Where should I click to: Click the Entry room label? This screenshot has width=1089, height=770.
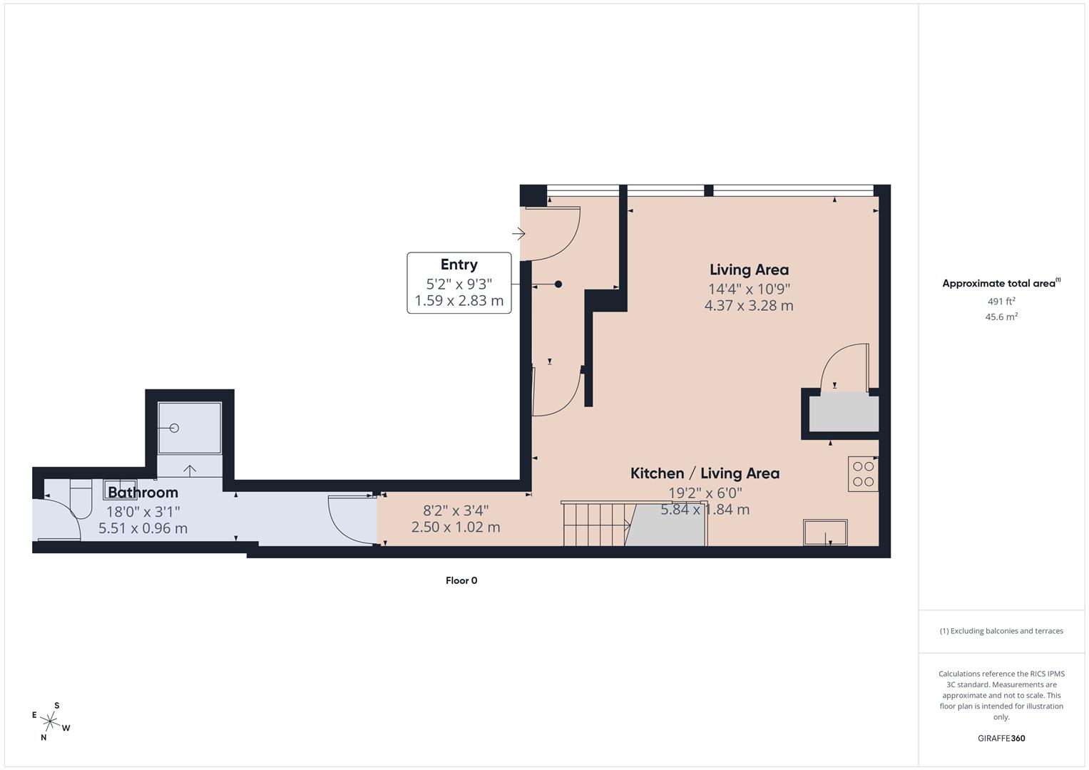click(x=459, y=265)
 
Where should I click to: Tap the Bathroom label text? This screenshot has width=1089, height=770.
click(x=143, y=492)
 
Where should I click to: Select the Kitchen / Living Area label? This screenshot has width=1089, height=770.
click(x=705, y=473)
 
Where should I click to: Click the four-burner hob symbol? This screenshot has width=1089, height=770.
click(x=863, y=475)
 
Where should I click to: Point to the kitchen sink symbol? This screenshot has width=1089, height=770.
click(x=825, y=532)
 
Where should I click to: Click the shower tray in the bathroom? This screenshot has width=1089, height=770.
click(x=189, y=428)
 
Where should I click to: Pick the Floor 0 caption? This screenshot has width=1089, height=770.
click(x=461, y=580)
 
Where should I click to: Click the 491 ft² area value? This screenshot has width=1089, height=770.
click(x=1001, y=302)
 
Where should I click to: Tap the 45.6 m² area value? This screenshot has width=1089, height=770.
click(x=1001, y=317)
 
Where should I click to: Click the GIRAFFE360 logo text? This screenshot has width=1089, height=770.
click(x=1001, y=739)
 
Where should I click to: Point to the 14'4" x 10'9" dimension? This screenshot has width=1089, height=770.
click(x=749, y=289)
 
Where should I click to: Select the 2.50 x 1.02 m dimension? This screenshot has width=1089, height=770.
click(x=455, y=528)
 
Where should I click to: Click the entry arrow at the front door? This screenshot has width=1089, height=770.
click(x=518, y=233)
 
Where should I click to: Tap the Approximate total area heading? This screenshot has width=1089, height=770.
click(x=1001, y=284)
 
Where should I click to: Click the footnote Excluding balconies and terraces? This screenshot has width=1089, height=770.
click(x=1001, y=631)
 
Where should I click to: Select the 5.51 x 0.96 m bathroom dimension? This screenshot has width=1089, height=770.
click(x=143, y=528)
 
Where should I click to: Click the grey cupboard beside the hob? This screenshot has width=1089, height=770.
click(x=844, y=414)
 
